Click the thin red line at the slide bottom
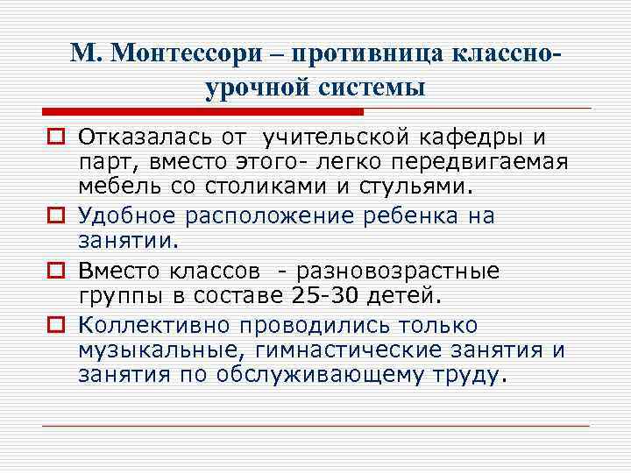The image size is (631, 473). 315,426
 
